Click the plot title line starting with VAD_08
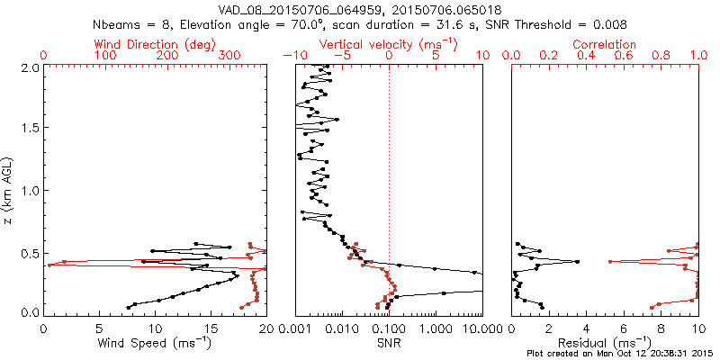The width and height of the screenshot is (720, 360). point(360,10)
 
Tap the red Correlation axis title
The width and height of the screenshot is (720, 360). point(605,44)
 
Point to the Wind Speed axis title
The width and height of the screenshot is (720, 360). point(155,343)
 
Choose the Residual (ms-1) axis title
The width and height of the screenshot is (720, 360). point(605,343)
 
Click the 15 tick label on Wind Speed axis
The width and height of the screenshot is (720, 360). point(211,328)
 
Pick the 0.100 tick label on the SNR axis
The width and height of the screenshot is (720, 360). point(389,328)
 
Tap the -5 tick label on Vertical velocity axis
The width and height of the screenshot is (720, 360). point(342,56)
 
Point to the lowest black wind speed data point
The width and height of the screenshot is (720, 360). point(128,308)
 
